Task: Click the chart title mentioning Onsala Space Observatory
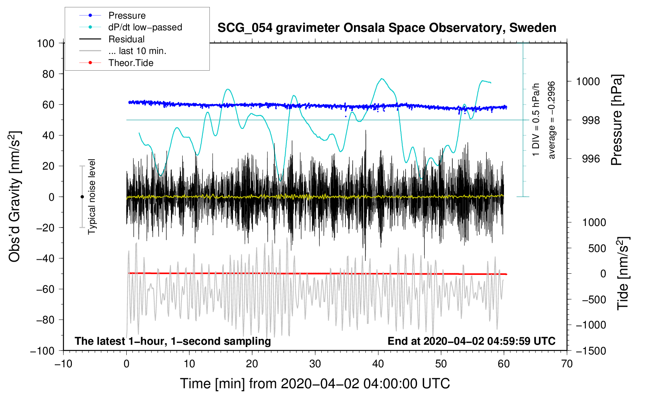pos(387,28)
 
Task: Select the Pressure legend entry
pos(127,16)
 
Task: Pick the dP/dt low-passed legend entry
pos(145,28)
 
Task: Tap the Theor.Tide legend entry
pos(131,63)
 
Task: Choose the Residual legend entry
pos(126,39)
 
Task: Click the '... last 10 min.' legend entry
pos(137,51)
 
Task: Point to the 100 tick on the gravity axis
pos(45,43)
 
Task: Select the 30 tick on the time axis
pos(315,364)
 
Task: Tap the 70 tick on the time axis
pos(567,364)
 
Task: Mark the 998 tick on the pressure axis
pos(591,120)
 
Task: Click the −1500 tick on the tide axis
pos(591,351)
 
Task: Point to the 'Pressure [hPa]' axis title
pos(617,120)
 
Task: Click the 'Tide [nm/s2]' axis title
pos(623,273)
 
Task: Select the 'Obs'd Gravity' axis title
pos(15,197)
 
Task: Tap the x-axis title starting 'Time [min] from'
pos(315,384)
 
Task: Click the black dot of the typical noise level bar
pos(82,197)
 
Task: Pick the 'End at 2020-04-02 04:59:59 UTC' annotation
pos(471,341)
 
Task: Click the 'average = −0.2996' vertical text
pos(551,120)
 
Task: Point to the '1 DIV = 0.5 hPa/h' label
pos(536,120)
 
